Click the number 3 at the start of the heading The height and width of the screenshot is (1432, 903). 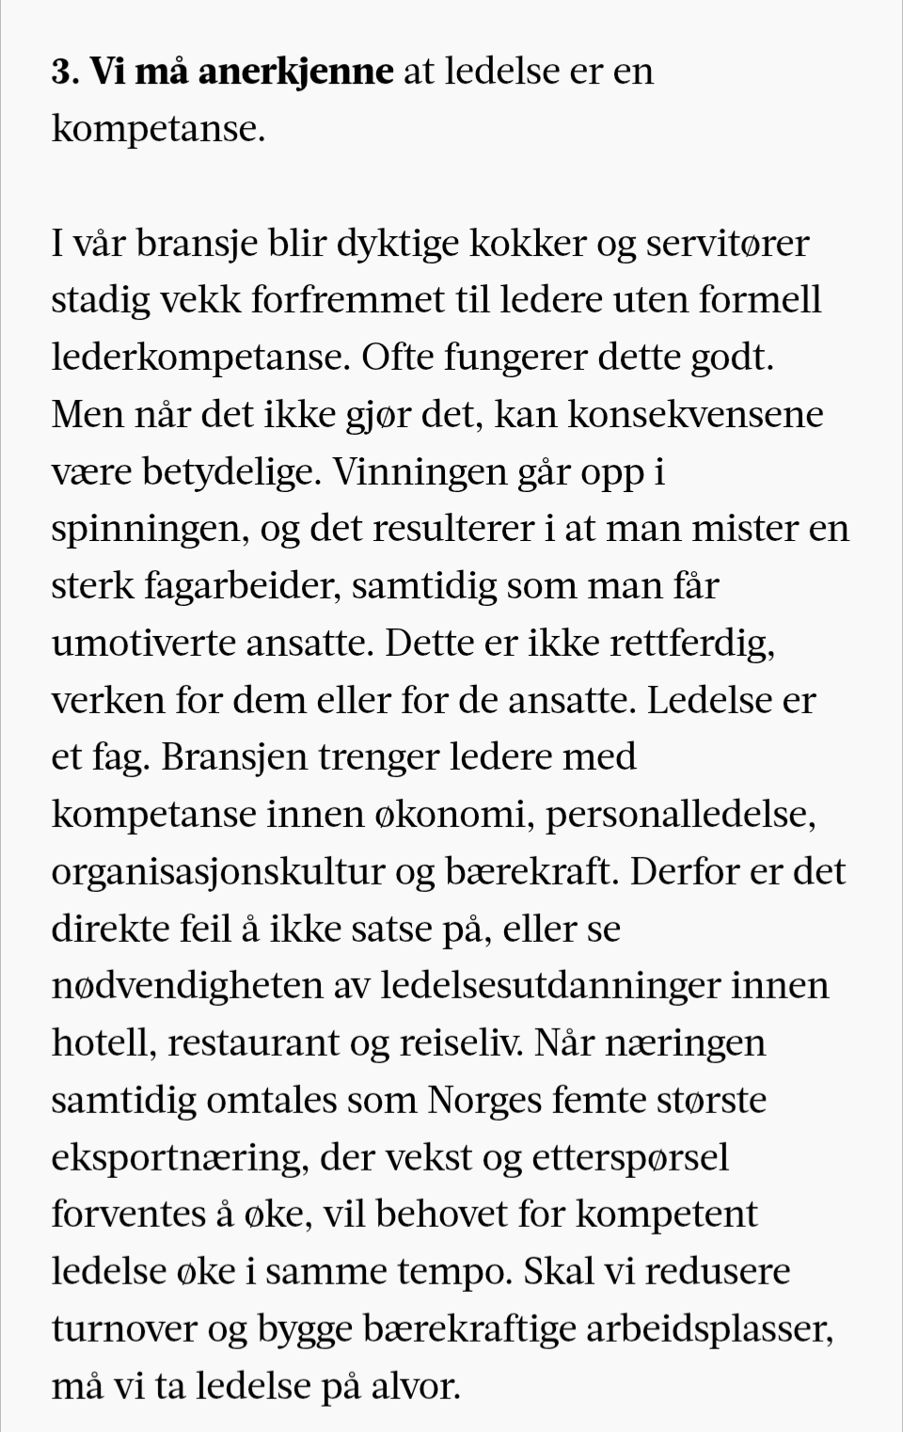coord(62,72)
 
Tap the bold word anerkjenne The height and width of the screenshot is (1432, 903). coord(295,72)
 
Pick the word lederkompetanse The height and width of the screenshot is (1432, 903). coord(200,358)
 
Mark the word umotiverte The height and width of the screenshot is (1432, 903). coord(142,644)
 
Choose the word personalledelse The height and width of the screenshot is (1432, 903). coord(679,815)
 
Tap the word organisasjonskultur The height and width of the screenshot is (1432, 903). coord(218,872)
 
